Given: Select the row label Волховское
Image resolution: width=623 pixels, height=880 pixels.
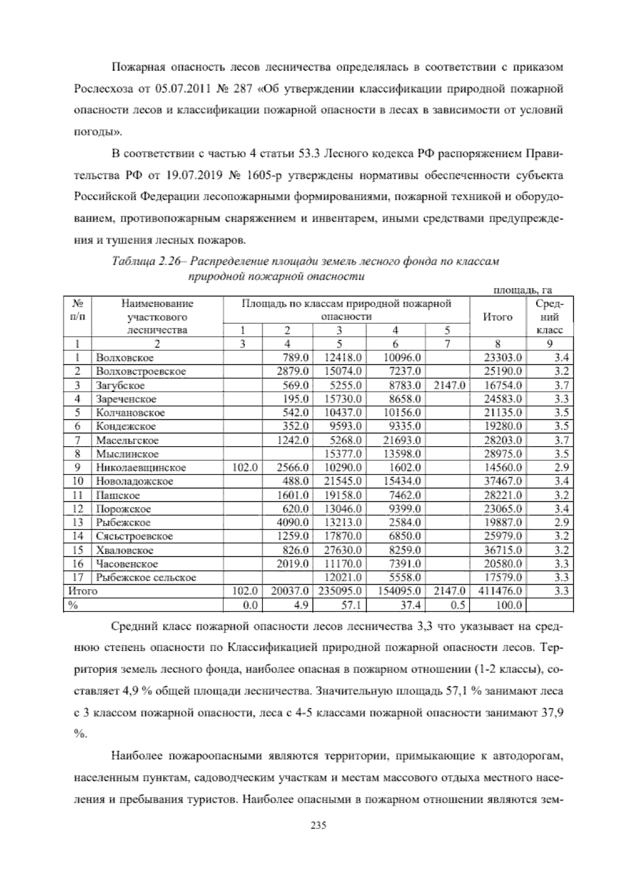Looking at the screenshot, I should tap(125, 357).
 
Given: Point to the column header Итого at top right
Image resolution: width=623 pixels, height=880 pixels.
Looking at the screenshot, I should tap(497, 317).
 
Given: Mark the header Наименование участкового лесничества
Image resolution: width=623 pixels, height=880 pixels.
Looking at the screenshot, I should tap(157, 317).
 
